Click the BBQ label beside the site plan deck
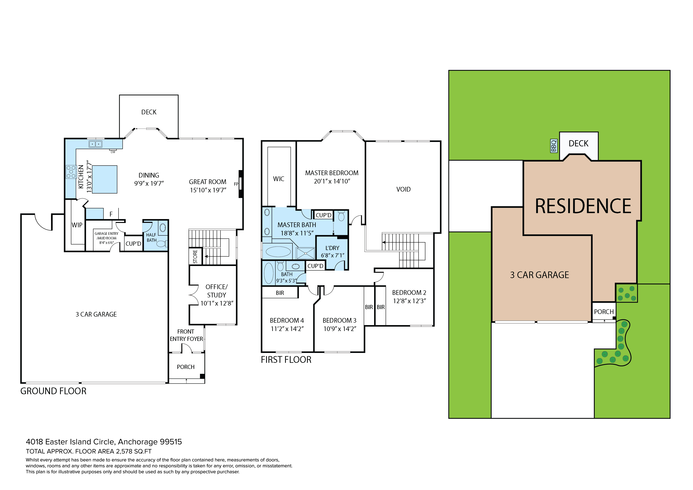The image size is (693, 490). [x=554, y=146]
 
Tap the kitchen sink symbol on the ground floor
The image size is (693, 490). [x=95, y=144]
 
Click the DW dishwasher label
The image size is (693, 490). [x=113, y=152]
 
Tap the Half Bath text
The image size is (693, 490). [x=151, y=237]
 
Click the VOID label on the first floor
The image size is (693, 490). [x=403, y=189]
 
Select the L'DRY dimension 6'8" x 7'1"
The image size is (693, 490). [x=332, y=255]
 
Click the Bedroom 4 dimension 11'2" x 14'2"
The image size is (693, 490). [x=287, y=329]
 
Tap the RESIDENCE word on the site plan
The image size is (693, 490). [x=583, y=206]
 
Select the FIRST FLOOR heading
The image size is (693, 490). [x=286, y=360]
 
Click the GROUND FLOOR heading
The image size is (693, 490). [x=53, y=391]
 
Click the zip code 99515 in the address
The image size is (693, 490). [x=171, y=442]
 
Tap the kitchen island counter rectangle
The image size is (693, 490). [x=105, y=179]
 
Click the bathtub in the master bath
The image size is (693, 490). [x=278, y=251]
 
